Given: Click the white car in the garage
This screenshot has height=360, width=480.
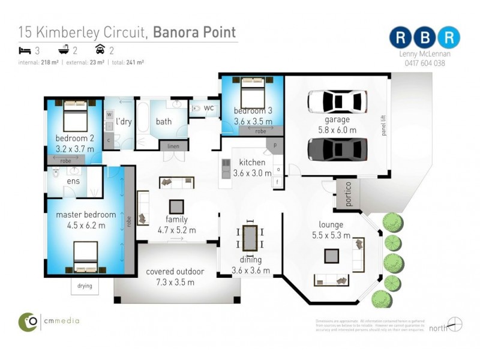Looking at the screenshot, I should pyautogui.click(x=337, y=102).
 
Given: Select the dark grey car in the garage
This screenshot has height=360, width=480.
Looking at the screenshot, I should pyautogui.click(x=337, y=149).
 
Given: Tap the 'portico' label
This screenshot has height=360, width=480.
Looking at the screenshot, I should pyautogui.click(x=346, y=193).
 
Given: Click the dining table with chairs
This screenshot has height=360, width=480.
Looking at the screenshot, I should pyautogui.click(x=250, y=237).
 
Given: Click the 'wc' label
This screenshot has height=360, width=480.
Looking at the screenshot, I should pyautogui.click(x=209, y=108).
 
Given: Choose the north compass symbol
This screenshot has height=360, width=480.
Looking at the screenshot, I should pyautogui.click(x=455, y=325).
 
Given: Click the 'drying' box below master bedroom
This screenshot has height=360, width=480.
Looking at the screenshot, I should pyautogui.click(x=85, y=286).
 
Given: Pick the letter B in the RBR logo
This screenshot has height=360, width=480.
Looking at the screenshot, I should pyautogui.click(x=425, y=37).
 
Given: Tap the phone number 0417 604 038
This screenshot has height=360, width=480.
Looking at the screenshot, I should pyautogui.click(x=424, y=62).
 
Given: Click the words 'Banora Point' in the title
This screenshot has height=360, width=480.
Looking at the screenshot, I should pyautogui.click(x=194, y=32).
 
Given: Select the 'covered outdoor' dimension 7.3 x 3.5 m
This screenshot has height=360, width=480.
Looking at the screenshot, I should pyautogui.click(x=175, y=282).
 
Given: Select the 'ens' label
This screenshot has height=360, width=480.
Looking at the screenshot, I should pyautogui.click(x=73, y=181).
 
